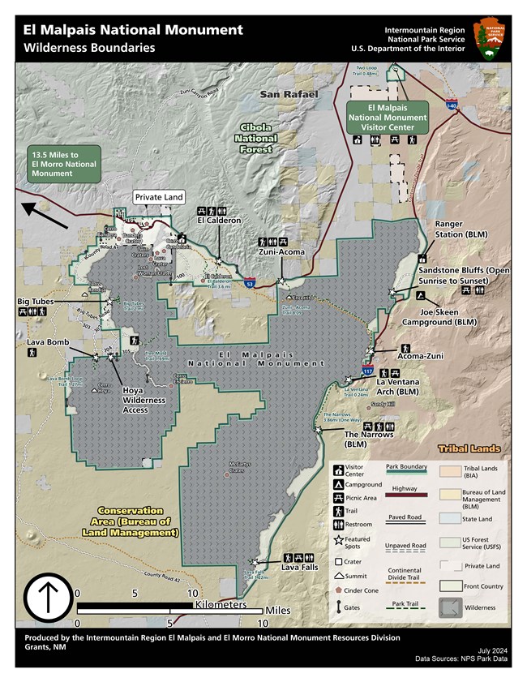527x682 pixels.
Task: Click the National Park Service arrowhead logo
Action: tap(491, 39)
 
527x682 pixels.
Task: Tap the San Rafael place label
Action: tap(285, 95)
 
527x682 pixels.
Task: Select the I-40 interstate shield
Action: tap(452, 105)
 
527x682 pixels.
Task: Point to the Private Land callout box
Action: tap(159, 197)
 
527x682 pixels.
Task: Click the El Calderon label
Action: tap(218, 220)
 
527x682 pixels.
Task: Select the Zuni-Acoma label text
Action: tap(281, 252)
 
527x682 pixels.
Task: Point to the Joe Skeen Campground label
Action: tap(451, 316)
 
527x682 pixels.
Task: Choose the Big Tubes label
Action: tap(36, 302)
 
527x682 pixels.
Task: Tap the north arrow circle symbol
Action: tap(46, 598)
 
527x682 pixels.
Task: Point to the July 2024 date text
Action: tap(494, 651)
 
